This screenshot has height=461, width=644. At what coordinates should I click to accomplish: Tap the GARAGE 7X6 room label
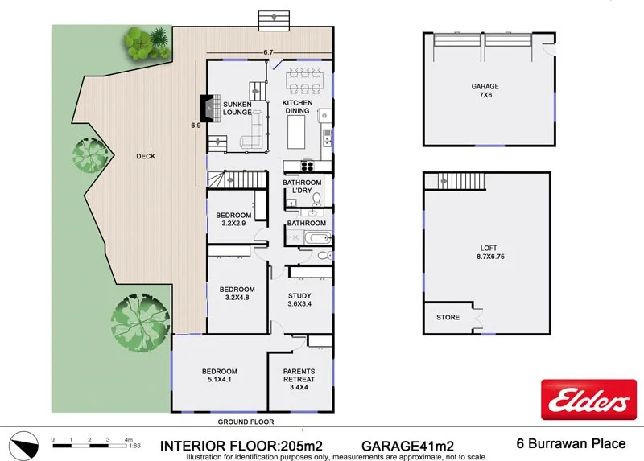click(485, 91)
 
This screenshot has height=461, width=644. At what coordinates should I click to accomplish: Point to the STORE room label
click(448, 318)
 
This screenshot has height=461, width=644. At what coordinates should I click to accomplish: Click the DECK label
click(146, 157)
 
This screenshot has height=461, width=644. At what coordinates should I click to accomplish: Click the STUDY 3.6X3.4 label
click(299, 300)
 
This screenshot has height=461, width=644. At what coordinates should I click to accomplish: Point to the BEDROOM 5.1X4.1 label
click(220, 376)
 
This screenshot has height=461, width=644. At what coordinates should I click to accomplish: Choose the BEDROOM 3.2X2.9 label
click(234, 219)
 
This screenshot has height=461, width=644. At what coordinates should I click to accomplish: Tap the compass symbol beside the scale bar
click(23, 442)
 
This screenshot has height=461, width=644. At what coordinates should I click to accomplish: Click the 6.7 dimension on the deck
click(268, 52)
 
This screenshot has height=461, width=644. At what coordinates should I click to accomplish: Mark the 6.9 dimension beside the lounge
click(196, 126)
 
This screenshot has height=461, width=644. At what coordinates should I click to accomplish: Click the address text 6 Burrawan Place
click(570, 443)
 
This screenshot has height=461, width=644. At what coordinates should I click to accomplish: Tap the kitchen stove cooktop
click(308, 167)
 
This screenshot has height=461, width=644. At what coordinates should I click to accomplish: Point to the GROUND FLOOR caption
click(246, 422)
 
